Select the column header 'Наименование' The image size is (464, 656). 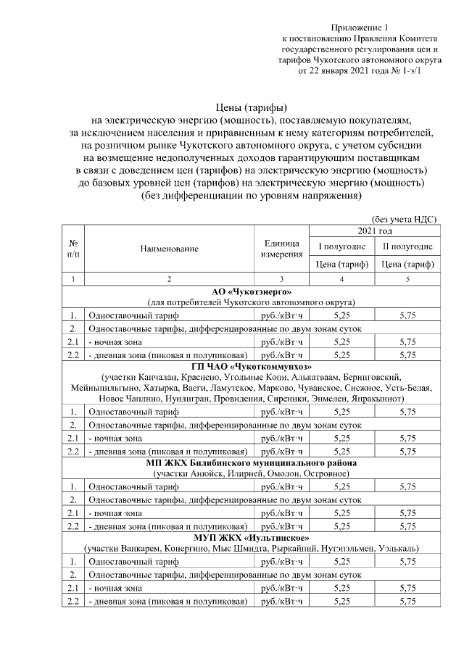[170, 249]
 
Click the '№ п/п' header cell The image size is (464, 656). [73, 249]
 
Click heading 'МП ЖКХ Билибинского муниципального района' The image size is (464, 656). [251, 462]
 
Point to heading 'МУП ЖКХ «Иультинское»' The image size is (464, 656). [251, 538]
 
